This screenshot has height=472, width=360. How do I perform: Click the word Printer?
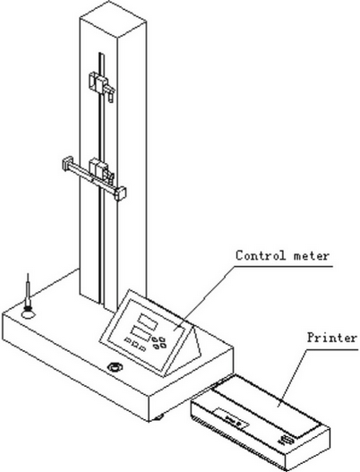(x=332, y=338)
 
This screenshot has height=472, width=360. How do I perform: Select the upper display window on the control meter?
(x=147, y=321)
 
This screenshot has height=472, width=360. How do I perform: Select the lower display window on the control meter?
(x=141, y=333)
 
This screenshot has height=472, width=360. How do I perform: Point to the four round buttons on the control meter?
(x=159, y=342)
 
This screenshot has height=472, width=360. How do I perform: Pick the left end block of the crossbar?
(x=67, y=164)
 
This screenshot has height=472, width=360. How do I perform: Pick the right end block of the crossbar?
(x=120, y=193)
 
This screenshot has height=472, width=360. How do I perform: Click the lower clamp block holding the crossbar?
(x=99, y=168)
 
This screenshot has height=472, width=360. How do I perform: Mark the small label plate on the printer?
(x=232, y=419)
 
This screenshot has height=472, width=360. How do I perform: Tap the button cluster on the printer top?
(x=287, y=440)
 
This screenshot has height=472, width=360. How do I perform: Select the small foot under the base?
(x=159, y=417)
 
